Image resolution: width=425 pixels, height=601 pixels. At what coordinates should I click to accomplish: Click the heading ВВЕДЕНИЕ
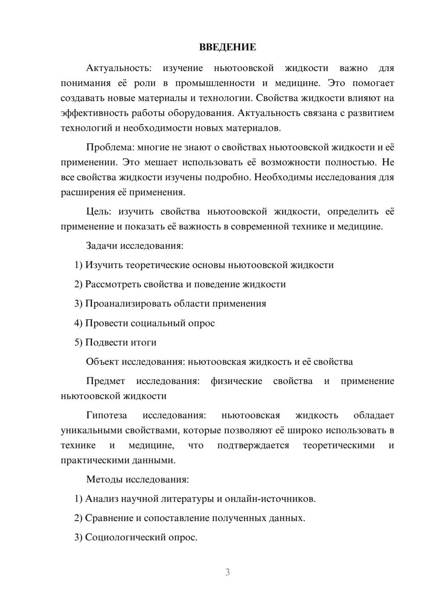tap(227, 47)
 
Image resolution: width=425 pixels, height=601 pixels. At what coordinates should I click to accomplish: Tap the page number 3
tap(227, 572)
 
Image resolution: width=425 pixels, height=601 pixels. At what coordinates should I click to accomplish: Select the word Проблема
tap(109, 147)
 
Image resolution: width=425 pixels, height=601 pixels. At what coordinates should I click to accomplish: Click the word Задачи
tap(102, 246)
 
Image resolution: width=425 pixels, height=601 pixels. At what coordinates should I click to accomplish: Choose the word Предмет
tap(105, 381)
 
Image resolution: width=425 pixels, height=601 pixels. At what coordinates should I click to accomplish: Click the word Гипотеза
tap(107, 415)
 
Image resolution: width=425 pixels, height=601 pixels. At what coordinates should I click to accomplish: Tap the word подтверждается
tap(253, 445)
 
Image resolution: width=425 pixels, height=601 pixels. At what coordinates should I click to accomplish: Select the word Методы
tap(104, 479)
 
